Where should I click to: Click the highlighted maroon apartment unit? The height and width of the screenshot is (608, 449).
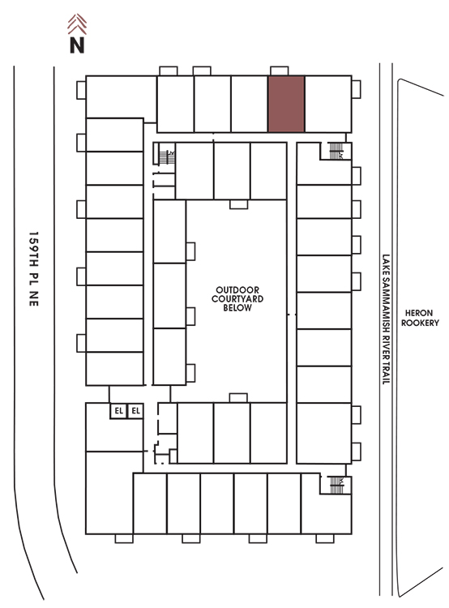coord(286,104)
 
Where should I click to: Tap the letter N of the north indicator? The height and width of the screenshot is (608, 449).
coord(77,45)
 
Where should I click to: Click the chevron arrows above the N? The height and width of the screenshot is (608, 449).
coord(77,24)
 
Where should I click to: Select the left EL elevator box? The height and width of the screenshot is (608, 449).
coord(118,411)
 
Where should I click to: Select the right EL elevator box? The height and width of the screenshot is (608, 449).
coord(135,411)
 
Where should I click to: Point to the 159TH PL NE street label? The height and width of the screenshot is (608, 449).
coord(34,269)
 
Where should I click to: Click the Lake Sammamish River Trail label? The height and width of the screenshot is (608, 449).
coord(386,319)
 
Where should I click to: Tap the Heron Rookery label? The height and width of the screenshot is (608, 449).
coord(420,318)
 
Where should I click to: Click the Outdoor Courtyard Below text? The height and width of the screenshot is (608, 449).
coord(237,298)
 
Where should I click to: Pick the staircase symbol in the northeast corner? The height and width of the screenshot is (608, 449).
coord(336,151)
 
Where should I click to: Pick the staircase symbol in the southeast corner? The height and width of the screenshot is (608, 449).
coord(336,485)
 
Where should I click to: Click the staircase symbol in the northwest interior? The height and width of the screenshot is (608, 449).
coord(167,156)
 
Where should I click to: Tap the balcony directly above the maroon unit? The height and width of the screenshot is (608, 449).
coord(279,71)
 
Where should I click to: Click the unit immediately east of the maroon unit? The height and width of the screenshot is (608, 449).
coord(328,104)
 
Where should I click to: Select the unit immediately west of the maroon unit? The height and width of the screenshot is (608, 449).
coord(250,104)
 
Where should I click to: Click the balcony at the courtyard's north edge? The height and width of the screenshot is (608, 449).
coord(238,204)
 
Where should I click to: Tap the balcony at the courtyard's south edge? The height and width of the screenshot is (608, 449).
coord(238,398)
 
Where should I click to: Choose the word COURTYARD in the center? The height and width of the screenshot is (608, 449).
coord(237,298)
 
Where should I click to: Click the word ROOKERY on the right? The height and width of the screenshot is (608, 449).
coord(420,323)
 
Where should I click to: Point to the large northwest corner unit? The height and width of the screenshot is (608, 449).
coord(121,97)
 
